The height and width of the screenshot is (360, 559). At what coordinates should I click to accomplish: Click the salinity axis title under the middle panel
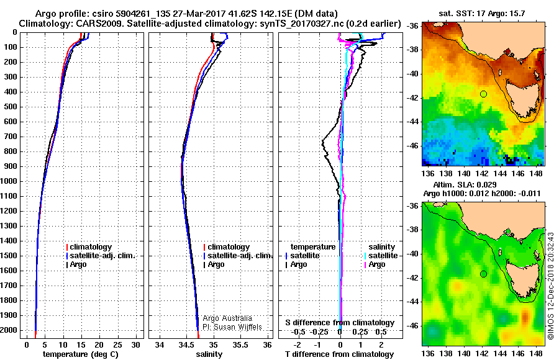pos(209,354)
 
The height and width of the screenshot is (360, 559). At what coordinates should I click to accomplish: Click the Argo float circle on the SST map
pos(483,94)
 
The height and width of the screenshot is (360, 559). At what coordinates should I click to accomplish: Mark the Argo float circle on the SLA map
pos(483,274)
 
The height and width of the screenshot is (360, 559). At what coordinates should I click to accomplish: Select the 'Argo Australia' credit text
pos(229,318)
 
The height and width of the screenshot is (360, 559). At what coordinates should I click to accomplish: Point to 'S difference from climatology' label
pos(340,323)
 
